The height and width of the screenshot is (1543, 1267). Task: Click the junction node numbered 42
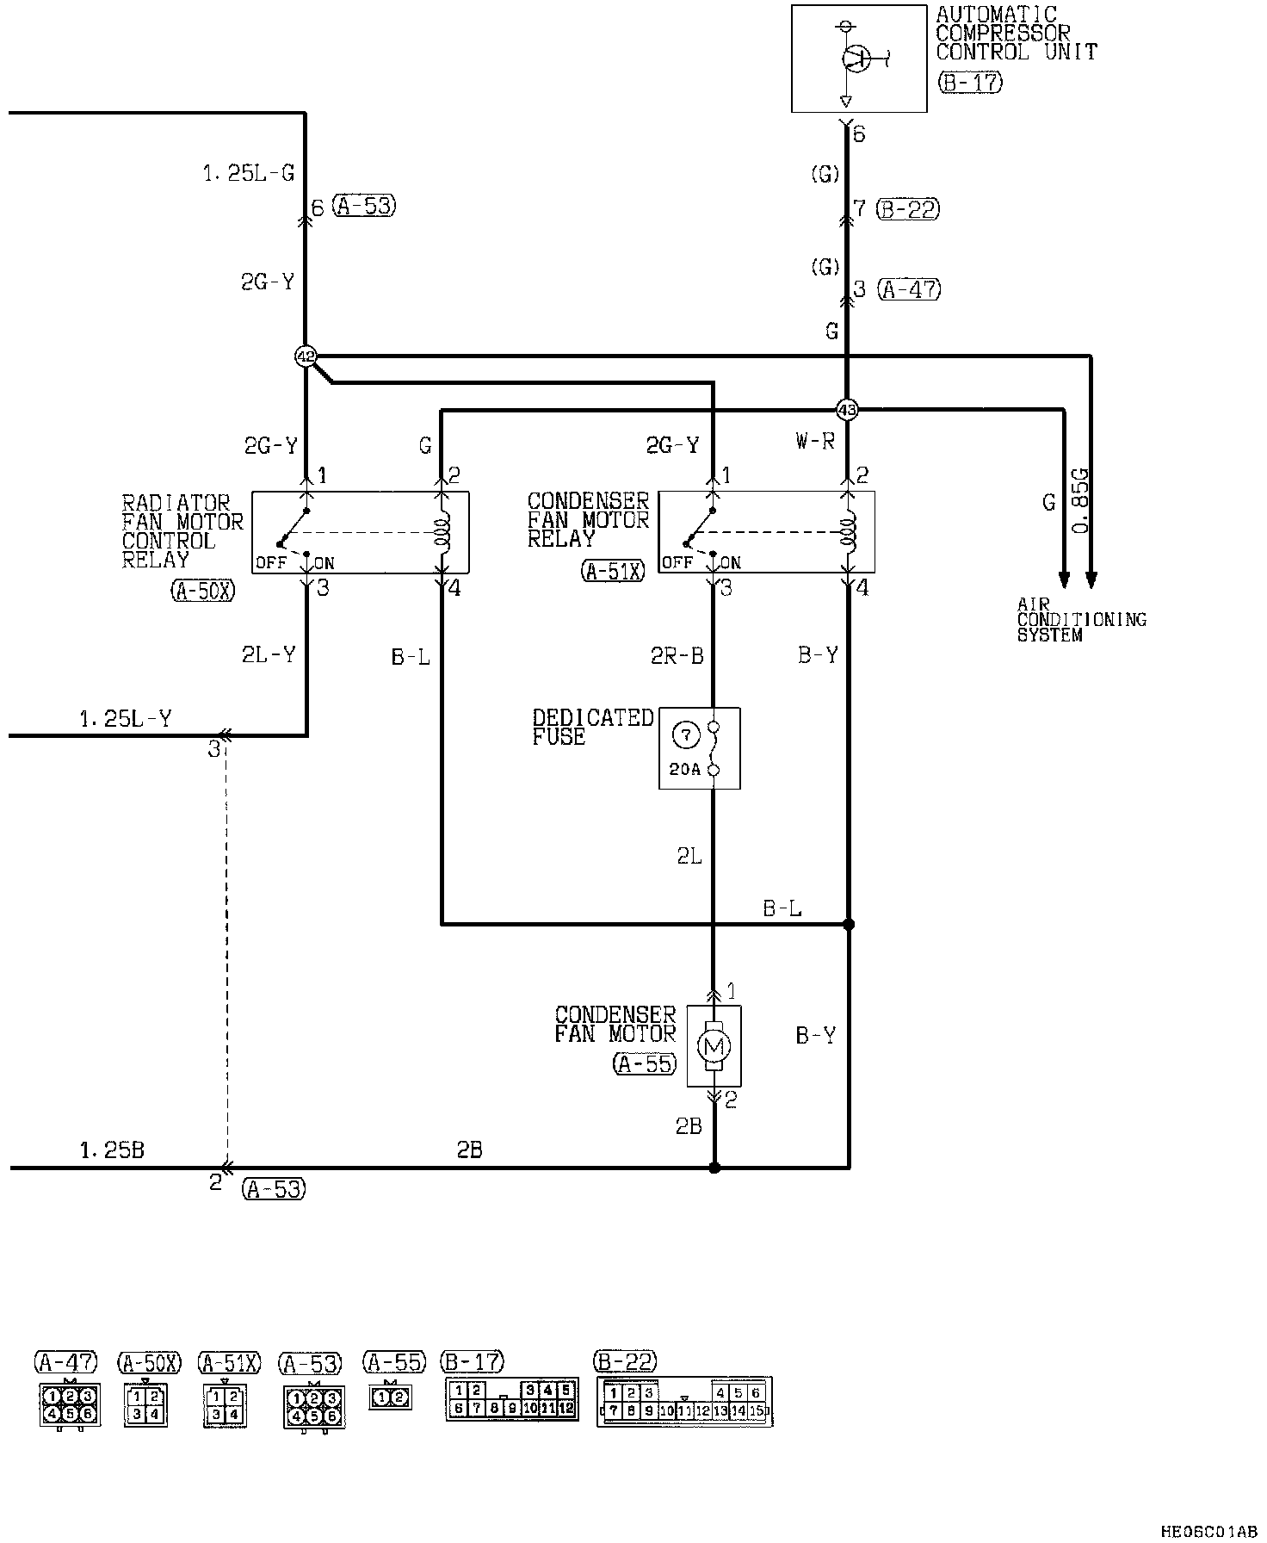306,356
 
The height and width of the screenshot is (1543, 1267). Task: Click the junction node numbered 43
848,410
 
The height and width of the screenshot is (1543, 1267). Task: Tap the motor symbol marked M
714,1046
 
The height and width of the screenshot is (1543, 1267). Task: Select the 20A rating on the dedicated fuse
685,770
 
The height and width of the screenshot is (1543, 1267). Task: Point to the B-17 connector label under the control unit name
970,83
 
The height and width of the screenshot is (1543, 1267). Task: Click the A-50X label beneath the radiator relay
203,591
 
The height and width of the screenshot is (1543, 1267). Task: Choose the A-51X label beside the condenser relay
613,571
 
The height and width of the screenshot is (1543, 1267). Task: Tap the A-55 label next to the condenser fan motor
645,1063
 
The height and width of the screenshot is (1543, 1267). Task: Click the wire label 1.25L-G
249,174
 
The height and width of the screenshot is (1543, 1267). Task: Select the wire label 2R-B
677,656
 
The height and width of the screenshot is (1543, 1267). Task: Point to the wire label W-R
815,442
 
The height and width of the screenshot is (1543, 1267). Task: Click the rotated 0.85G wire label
1080,501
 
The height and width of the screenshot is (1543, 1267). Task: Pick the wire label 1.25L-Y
126,718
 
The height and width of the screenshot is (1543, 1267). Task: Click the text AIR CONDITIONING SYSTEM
1082,620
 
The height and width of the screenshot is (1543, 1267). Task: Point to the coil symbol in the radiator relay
444,532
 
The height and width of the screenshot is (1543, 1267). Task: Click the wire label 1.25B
112,1150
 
